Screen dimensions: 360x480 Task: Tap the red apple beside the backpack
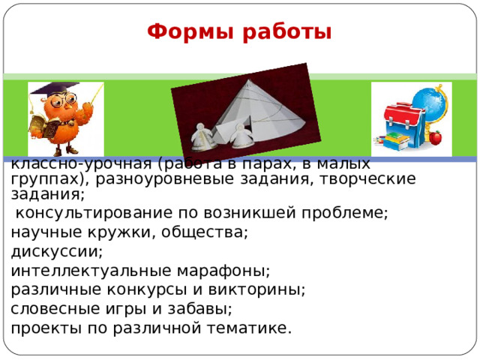[435, 137]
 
